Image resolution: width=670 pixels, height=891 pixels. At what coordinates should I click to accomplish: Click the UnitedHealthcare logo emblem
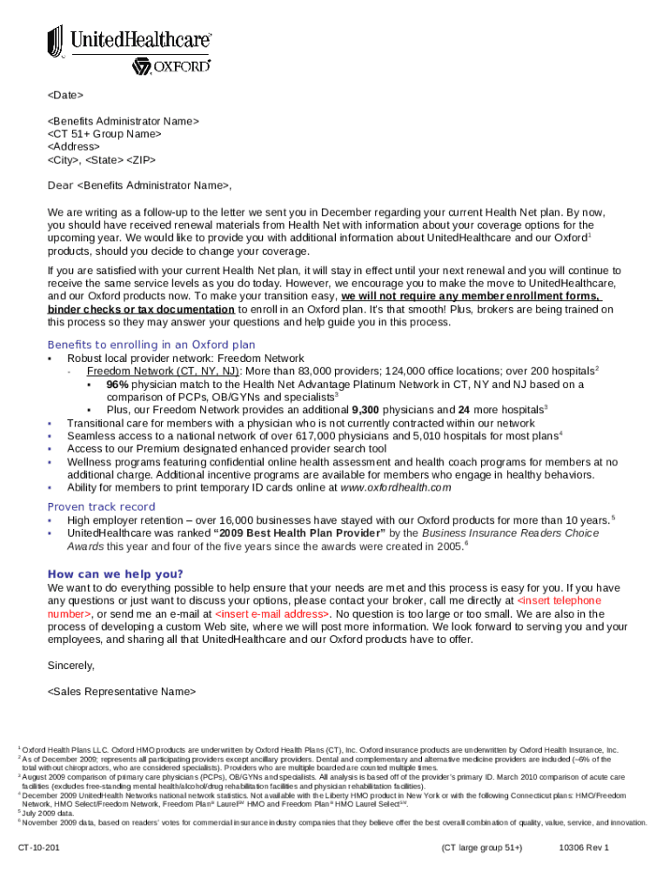(56, 41)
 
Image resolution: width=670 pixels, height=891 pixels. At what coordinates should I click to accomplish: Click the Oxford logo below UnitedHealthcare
(171, 66)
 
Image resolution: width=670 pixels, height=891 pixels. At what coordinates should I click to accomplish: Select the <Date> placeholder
(65, 95)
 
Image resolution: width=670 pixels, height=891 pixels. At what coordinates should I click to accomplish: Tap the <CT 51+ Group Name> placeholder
(104, 134)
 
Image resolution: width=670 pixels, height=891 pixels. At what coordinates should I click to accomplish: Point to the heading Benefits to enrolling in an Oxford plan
(151, 345)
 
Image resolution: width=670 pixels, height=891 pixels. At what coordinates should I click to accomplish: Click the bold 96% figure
(118, 384)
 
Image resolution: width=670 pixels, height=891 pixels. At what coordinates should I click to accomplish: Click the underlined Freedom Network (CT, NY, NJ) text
(163, 371)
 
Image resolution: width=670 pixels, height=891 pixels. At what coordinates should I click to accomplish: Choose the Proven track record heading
(101, 506)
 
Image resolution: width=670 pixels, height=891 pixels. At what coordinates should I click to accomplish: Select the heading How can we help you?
(115, 573)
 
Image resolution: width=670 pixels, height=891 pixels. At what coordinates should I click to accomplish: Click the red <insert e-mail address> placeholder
(271, 613)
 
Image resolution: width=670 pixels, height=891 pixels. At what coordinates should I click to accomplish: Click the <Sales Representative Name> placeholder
(121, 691)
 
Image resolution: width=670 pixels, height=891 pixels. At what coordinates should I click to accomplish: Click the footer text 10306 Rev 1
(584, 847)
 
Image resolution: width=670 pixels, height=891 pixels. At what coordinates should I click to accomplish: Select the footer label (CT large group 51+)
(481, 847)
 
